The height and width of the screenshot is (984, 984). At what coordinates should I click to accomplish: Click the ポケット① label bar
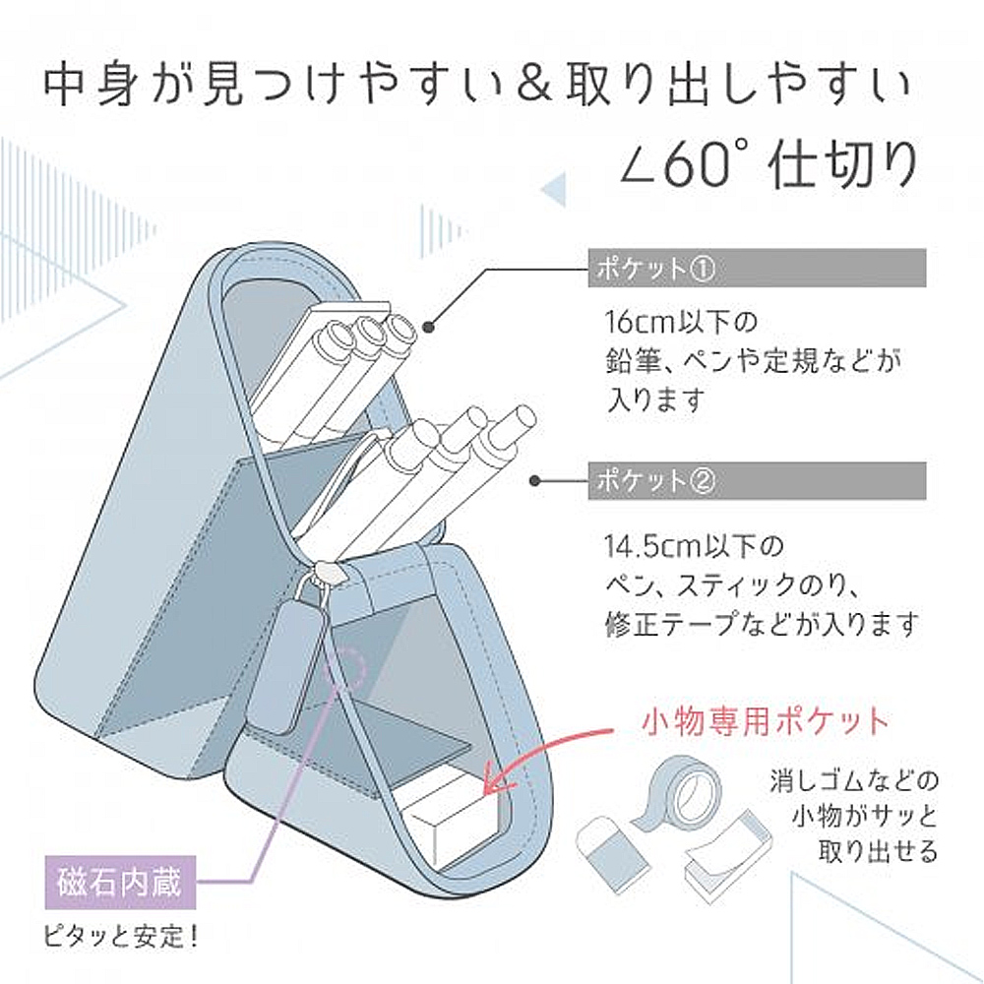757,268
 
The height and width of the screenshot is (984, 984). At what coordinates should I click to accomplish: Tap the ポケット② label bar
757,481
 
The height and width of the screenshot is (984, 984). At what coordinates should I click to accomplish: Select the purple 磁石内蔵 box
120,883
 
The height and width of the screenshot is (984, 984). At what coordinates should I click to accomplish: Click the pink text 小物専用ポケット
765,721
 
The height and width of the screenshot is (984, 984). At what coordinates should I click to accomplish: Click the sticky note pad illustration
727,852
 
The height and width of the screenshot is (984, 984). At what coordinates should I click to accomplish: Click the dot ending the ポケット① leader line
429,327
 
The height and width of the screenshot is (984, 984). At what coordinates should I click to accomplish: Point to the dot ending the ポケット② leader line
534,481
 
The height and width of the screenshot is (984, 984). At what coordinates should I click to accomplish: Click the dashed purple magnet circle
345,666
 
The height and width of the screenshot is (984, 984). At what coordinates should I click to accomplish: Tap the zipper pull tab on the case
286,664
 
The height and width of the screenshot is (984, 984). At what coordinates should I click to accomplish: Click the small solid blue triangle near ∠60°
553,188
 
